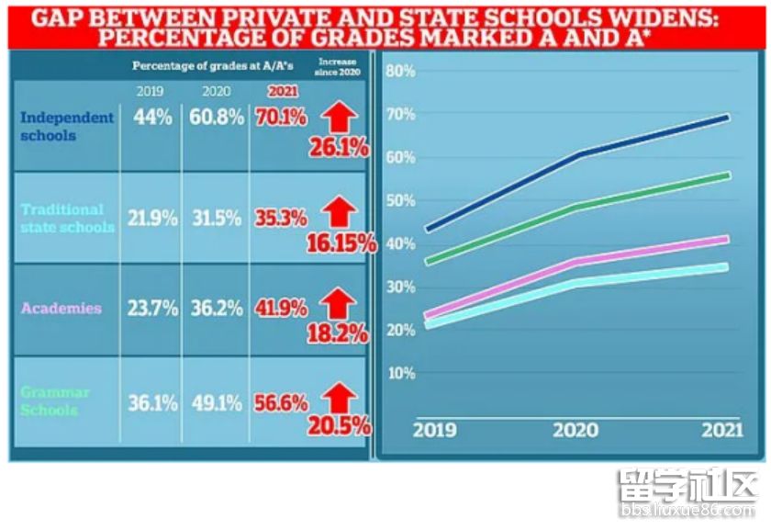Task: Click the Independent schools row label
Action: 67,126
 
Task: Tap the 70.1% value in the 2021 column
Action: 281,118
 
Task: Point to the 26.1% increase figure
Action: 338,148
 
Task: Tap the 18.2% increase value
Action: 338,333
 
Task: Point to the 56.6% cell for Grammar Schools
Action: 281,402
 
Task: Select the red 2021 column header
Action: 281,91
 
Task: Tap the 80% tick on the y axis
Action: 403,72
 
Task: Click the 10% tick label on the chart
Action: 403,374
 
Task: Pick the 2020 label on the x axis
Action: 575,431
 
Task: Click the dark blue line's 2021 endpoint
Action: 727,117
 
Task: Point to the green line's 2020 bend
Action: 575,207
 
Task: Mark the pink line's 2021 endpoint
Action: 727,239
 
